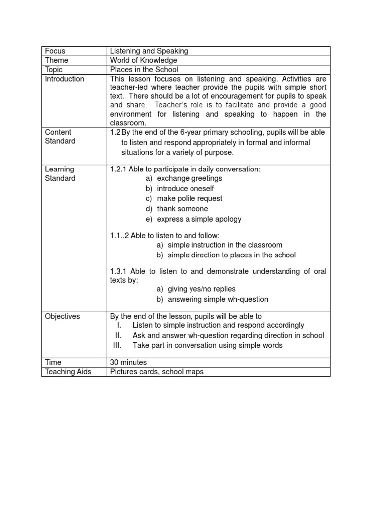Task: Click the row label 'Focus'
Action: (x=55, y=51)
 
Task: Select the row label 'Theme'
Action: (x=57, y=60)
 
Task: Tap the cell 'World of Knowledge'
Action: (x=143, y=60)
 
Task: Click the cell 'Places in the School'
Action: (x=144, y=70)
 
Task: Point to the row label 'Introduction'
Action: (x=65, y=79)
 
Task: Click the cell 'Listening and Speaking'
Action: (x=149, y=51)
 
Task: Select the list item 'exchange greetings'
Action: (x=190, y=178)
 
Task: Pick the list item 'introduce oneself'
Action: (x=187, y=189)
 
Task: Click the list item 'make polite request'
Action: (x=190, y=199)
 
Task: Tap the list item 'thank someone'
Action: (x=183, y=209)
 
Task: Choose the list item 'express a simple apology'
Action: (x=199, y=219)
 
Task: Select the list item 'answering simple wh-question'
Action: (x=217, y=299)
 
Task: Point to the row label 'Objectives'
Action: (x=62, y=316)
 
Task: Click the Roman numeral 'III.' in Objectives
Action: (x=117, y=345)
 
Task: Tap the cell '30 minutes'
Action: (x=128, y=362)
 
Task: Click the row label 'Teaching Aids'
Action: (x=68, y=372)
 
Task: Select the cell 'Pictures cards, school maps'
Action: (x=157, y=372)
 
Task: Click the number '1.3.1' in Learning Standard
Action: (x=118, y=271)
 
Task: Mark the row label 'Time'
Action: (x=53, y=362)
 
